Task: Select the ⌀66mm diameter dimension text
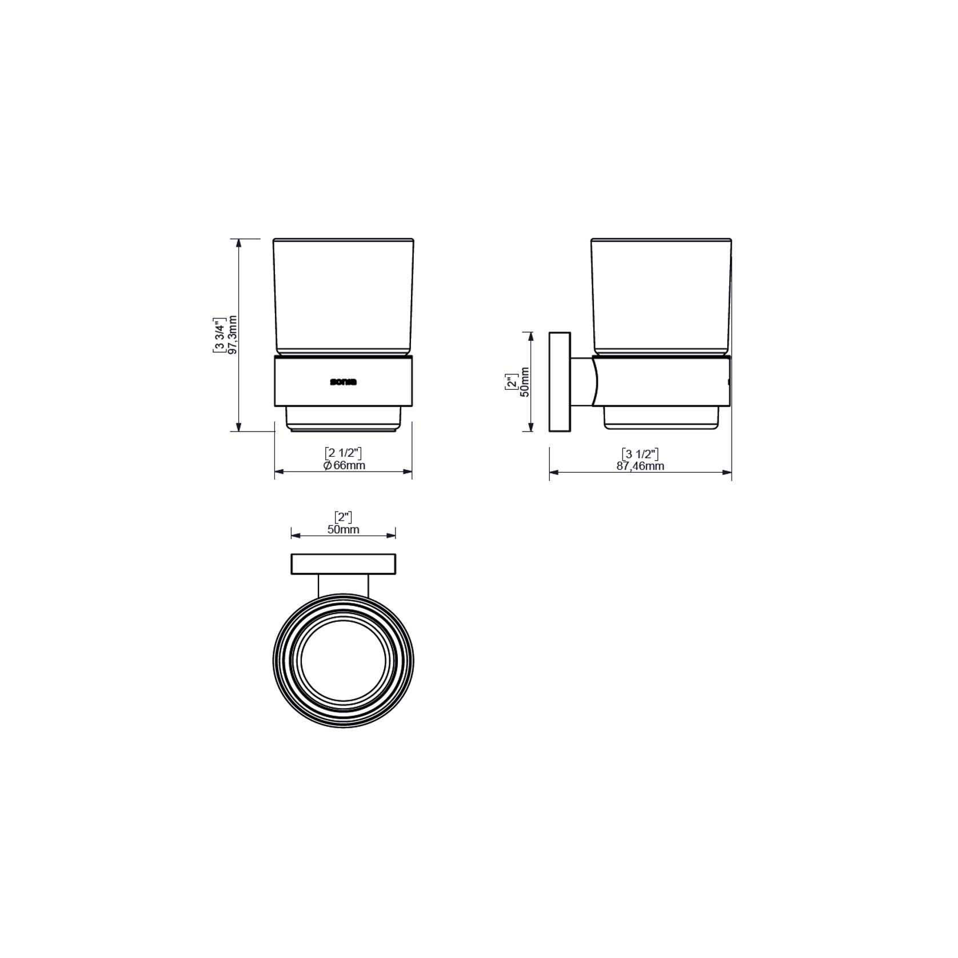[344, 465]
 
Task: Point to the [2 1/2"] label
[344, 453]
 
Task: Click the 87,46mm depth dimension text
[640, 466]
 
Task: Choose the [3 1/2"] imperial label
[640, 454]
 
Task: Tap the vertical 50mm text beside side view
[525, 381]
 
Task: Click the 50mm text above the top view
[344, 529]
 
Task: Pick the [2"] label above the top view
[344, 517]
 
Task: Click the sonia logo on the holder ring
[343, 382]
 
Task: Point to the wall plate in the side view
[559, 381]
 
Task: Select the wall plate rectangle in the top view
[344, 564]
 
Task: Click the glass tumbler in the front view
[343, 297]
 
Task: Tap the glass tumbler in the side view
[661, 297]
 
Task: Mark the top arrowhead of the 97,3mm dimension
[239, 242]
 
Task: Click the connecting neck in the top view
[344, 585]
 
